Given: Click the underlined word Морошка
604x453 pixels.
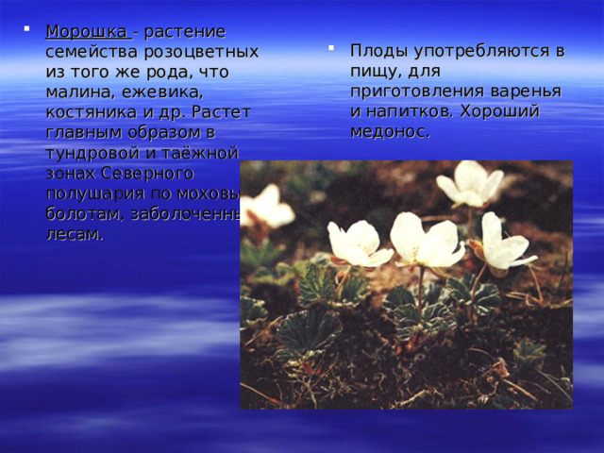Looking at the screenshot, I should tap(88, 33).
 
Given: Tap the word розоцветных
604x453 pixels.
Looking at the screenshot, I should tap(206, 53).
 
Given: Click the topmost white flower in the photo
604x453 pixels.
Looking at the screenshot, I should tap(470, 182).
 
